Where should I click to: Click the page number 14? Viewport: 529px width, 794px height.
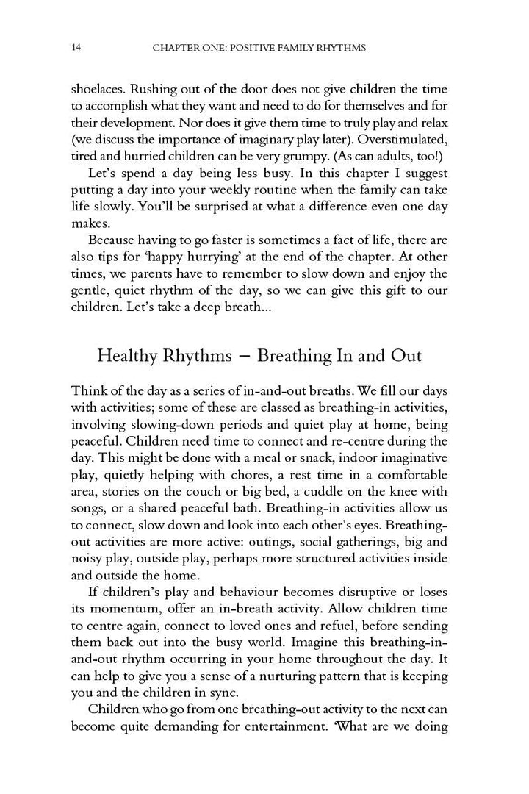pos(76,48)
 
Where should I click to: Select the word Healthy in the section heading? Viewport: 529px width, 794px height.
pos(127,356)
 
